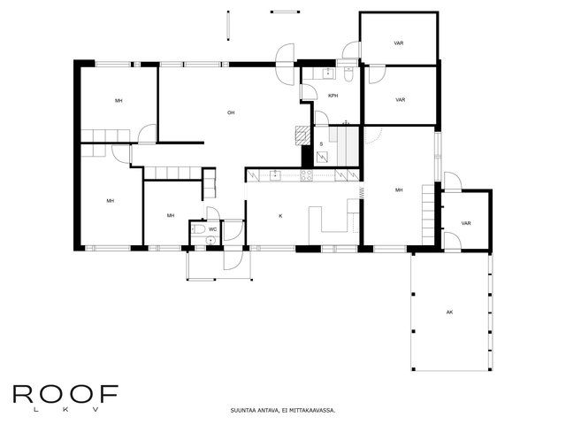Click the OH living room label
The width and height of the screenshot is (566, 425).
231,112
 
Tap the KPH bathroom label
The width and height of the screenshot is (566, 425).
333,96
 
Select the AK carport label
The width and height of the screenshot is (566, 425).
449,313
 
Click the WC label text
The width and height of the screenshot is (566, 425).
212,229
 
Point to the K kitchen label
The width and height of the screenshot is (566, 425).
281,216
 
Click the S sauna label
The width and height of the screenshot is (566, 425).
321,144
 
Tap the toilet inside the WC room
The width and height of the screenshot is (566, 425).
198,228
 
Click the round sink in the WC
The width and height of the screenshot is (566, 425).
210,240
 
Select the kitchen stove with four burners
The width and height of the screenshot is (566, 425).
307,175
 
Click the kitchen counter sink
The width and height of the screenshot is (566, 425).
275,175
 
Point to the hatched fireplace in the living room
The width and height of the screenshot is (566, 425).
302,135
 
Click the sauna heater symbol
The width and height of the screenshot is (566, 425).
322,157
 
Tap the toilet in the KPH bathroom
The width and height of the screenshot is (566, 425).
348,73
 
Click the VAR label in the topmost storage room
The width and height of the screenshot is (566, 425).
399,43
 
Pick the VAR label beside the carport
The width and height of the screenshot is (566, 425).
466,223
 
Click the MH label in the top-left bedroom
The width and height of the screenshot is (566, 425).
119,100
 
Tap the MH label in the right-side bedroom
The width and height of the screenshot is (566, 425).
399,190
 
